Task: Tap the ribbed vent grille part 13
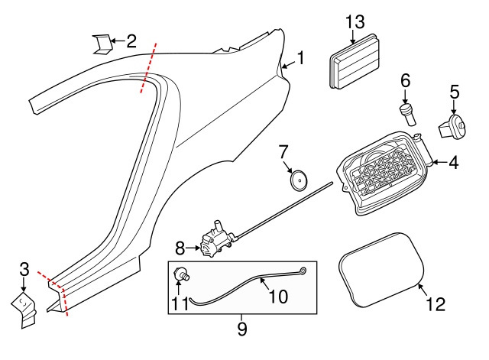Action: tap(354, 63)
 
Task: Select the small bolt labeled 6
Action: tap(406, 112)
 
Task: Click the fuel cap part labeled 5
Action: tap(452, 126)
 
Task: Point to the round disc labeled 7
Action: tap(300, 180)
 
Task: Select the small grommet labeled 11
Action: tap(183, 273)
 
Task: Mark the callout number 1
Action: tap(301, 58)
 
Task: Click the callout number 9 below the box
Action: tap(242, 329)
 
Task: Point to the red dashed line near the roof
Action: tap(149, 69)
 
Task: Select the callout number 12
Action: tap(434, 305)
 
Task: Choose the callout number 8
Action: tap(180, 248)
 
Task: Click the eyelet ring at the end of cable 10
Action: tap(304, 270)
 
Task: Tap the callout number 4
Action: tap(453, 163)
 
